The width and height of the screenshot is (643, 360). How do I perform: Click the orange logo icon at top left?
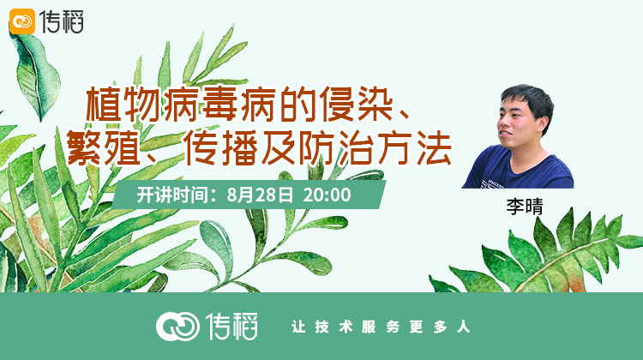point(22,21)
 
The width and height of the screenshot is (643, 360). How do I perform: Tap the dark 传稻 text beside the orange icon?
point(62,21)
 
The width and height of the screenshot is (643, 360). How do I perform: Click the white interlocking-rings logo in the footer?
point(177,327)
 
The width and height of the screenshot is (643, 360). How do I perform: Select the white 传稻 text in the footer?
point(231,327)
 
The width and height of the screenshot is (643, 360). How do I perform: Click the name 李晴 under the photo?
point(525,207)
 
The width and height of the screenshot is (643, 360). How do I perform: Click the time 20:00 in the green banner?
point(327,195)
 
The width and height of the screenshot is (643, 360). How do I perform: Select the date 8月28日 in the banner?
point(261,195)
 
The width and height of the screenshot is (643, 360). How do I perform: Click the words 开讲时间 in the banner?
point(172,195)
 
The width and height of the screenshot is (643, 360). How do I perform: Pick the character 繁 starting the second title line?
point(84,148)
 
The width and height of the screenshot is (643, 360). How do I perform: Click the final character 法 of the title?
point(435,148)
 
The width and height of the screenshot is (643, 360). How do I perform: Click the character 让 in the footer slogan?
point(298,327)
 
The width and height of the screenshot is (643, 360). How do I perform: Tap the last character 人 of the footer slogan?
point(464,327)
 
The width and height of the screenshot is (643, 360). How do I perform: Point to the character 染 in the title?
point(376,105)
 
